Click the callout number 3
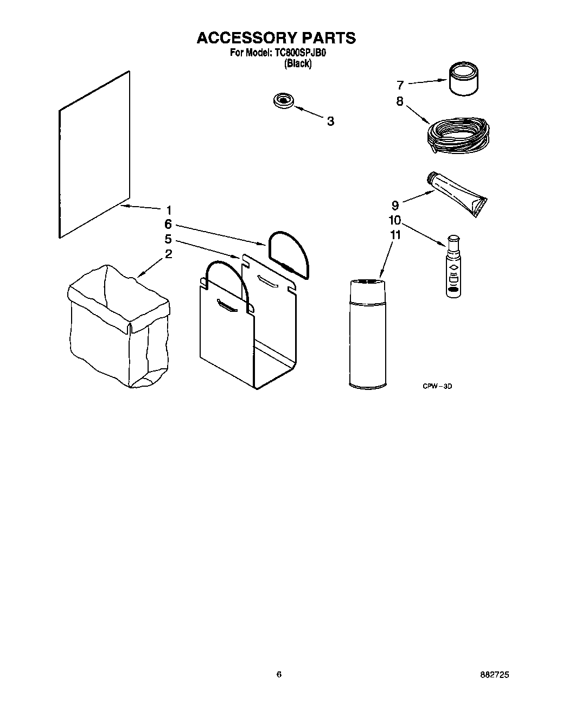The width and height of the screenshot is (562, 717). [x=330, y=121]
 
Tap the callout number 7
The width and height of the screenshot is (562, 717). [x=400, y=85]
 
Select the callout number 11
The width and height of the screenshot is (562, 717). [x=395, y=234]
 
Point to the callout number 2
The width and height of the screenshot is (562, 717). [x=168, y=254]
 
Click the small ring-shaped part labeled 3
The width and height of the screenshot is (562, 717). [x=283, y=101]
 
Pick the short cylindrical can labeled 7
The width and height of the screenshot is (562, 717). [x=464, y=80]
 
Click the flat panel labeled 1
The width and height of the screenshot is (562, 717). [x=94, y=155]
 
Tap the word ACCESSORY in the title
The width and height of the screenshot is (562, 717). [x=246, y=37]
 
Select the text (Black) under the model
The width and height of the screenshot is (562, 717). [x=298, y=63]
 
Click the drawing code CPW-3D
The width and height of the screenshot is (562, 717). [x=437, y=386]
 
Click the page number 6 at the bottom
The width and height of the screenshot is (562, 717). [x=279, y=675]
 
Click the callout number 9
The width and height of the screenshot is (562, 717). [x=395, y=206]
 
